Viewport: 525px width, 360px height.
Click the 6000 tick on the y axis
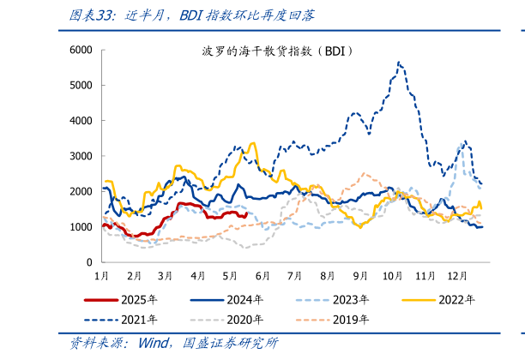(x=81, y=50)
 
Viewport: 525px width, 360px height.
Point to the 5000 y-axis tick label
(x=81, y=85)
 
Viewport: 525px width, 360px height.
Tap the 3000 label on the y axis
(x=81, y=156)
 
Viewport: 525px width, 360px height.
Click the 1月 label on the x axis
(x=101, y=276)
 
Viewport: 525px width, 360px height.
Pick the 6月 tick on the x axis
(x=263, y=276)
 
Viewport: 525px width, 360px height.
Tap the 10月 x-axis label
(x=393, y=276)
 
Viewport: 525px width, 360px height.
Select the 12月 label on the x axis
(x=458, y=276)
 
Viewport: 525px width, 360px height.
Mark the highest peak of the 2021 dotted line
(x=399, y=62)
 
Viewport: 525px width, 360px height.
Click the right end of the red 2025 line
(x=246, y=214)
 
